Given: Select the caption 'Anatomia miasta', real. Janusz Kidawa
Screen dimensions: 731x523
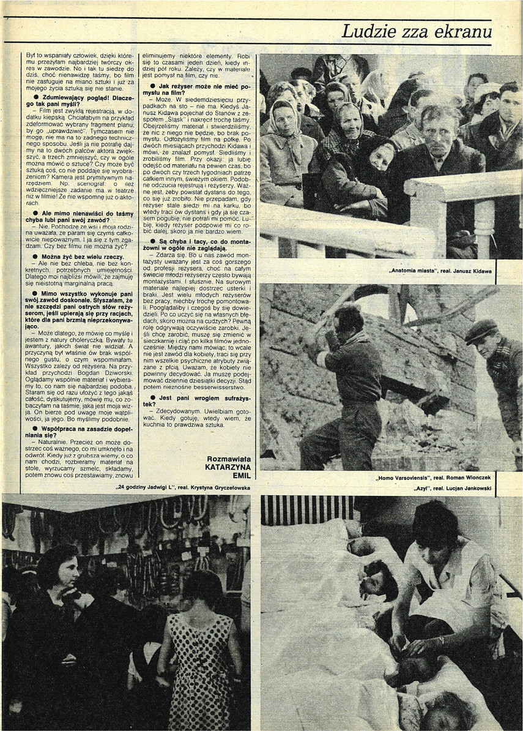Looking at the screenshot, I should point(440,270).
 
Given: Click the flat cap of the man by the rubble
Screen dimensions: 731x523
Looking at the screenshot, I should point(481,330).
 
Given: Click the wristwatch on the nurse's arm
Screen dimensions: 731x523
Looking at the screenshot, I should point(440,641).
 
